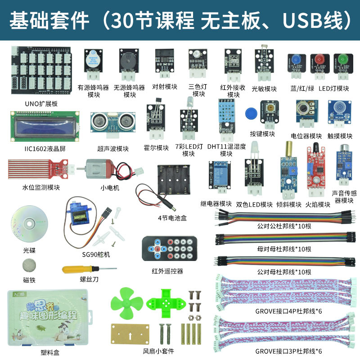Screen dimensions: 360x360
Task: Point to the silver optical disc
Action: pos(29,223)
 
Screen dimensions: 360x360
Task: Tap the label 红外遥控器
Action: pos(167,271)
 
